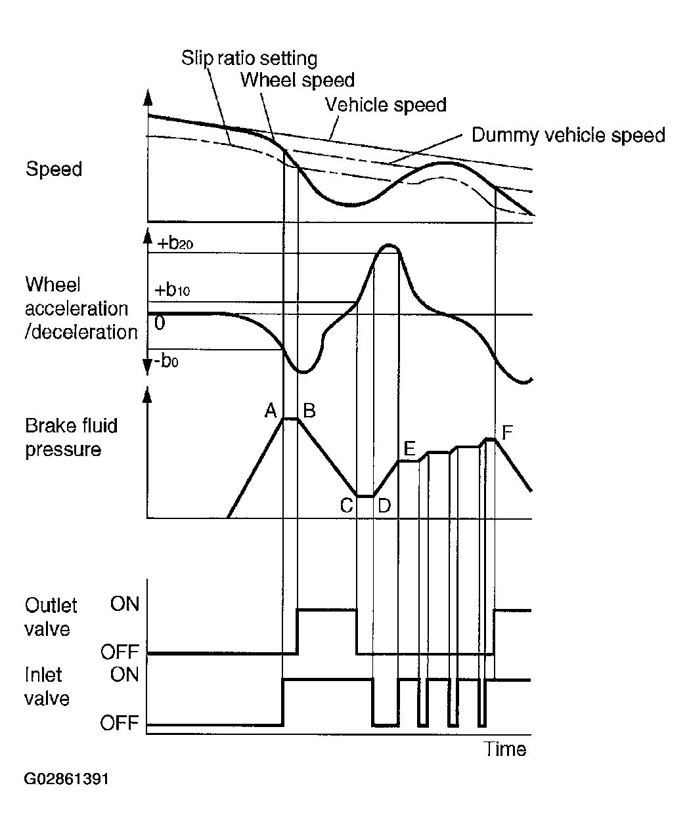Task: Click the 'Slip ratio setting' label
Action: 249,58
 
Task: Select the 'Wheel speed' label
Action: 297,80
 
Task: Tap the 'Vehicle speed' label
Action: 386,104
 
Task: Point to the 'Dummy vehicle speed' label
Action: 568,135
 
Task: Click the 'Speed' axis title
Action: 54,169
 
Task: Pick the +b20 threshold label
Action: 175,243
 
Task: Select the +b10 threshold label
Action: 172,289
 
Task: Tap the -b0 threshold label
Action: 166,361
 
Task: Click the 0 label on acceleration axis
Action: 160,323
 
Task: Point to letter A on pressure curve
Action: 271,410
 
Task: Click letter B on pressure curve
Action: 309,410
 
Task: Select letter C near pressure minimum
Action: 346,506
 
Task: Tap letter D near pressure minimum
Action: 384,506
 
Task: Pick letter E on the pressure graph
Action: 409,448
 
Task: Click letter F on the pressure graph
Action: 507,432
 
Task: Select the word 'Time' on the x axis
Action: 504,749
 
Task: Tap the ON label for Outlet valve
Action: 125,604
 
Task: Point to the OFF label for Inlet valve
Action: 119,723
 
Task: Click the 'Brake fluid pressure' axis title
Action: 71,438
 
